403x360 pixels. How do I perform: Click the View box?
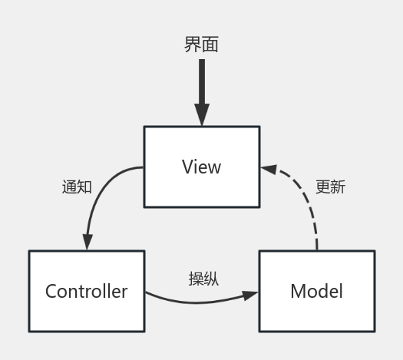coord(201,167)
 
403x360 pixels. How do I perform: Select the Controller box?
coord(86,291)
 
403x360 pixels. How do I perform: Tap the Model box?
coord(316,291)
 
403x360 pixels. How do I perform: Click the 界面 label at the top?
coord(201,45)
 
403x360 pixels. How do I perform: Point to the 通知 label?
coord(77,187)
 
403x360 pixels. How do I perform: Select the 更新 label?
coord(331,187)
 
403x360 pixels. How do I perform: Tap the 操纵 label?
coord(203,279)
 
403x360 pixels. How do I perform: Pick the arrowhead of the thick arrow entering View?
coord(201,115)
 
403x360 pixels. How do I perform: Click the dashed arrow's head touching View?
coord(268,167)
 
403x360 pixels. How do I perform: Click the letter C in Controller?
coord(51,292)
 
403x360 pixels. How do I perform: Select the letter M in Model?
coord(297,292)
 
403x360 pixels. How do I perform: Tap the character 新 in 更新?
coord(339,187)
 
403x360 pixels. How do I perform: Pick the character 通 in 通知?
coord(69,187)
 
